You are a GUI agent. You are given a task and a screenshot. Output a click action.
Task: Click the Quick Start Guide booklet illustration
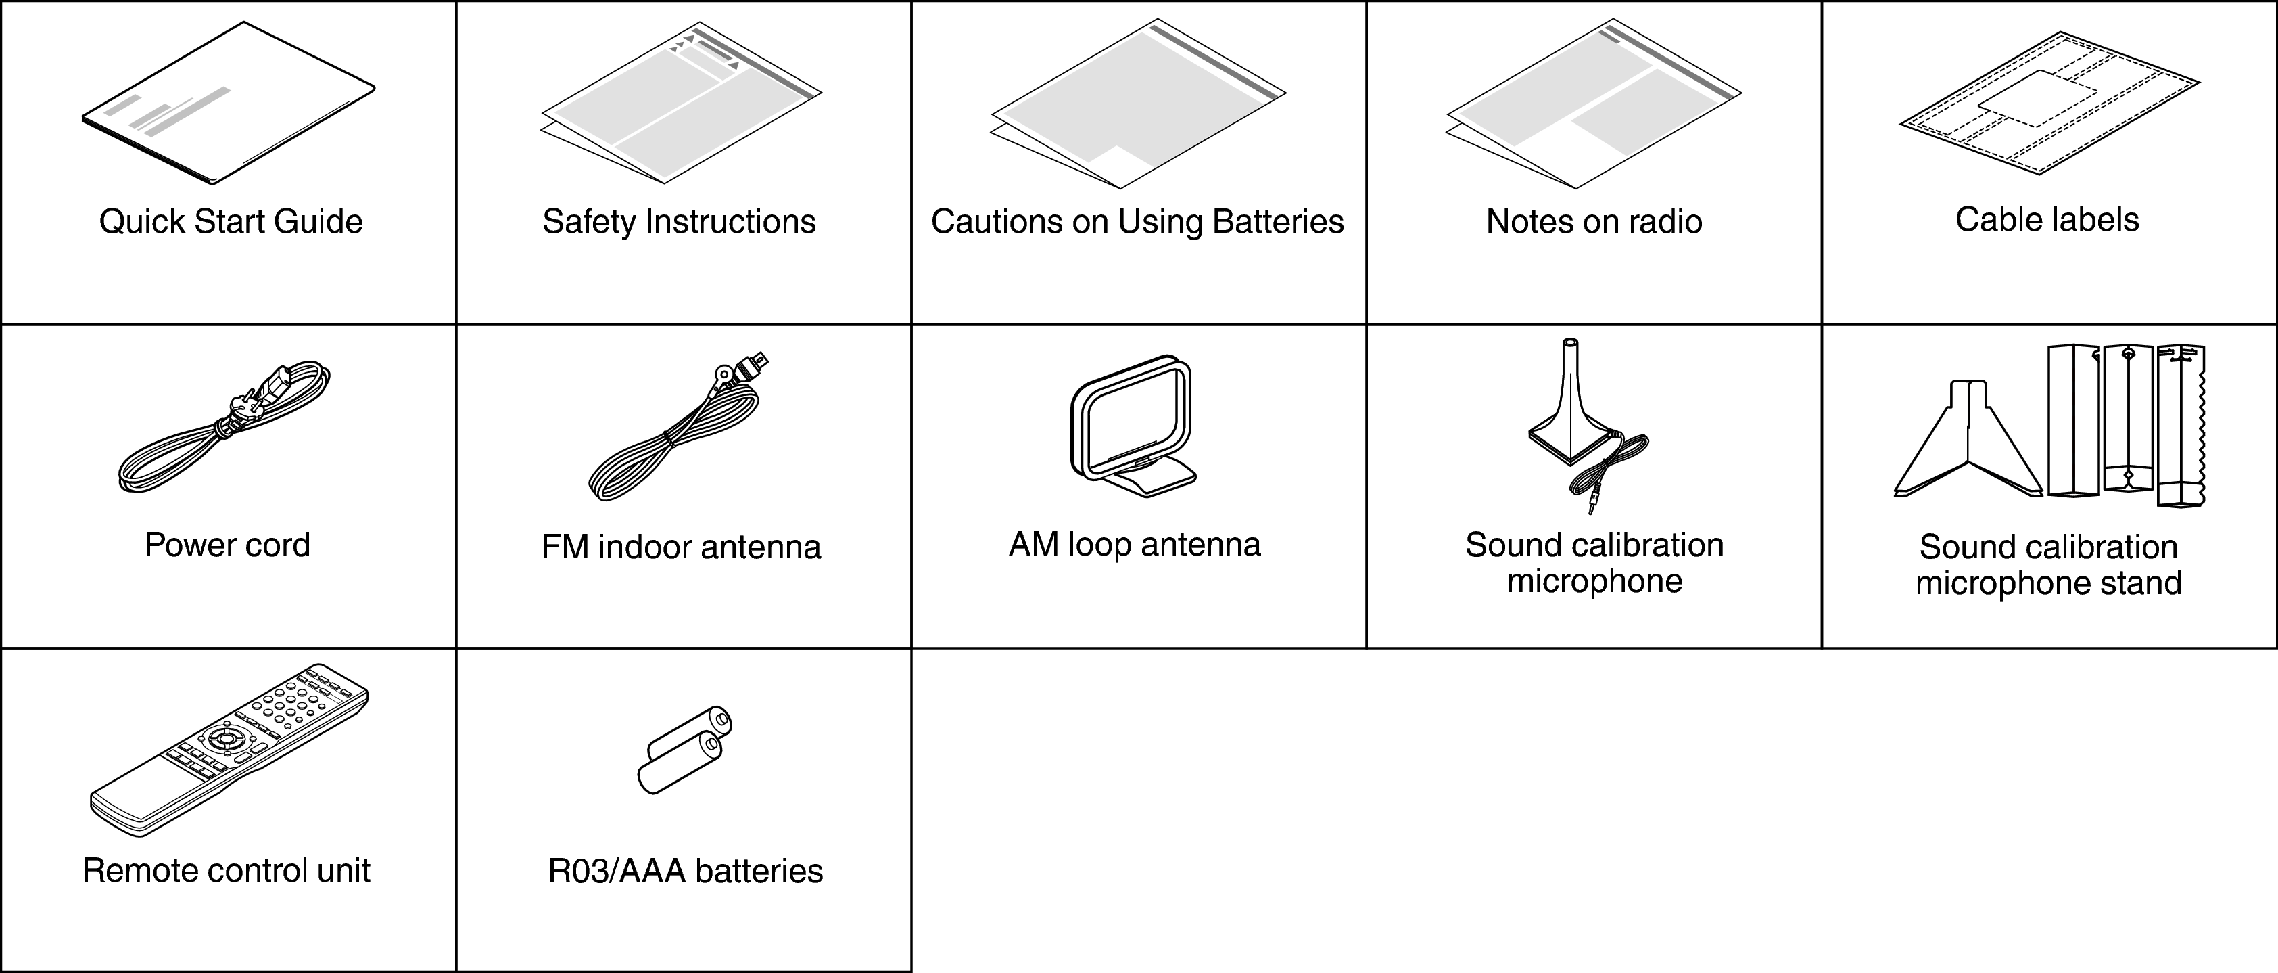pyautogui.click(x=228, y=104)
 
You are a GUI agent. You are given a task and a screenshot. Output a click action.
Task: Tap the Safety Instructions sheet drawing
pyautogui.click(x=681, y=103)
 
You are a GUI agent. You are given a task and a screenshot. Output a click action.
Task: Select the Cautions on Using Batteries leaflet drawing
pyautogui.click(x=1138, y=104)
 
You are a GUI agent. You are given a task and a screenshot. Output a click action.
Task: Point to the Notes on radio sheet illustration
pyautogui.click(x=1594, y=104)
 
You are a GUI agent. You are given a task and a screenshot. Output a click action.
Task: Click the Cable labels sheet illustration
pyautogui.click(x=2050, y=103)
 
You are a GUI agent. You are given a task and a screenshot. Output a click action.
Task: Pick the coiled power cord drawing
pyautogui.click(x=224, y=426)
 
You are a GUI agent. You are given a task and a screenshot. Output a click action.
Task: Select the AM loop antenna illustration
pyautogui.click(x=1133, y=426)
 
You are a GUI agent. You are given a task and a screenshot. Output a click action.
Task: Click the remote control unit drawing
pyautogui.click(x=228, y=750)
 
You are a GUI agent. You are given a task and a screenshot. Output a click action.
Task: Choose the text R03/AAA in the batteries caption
pyautogui.click(x=617, y=872)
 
